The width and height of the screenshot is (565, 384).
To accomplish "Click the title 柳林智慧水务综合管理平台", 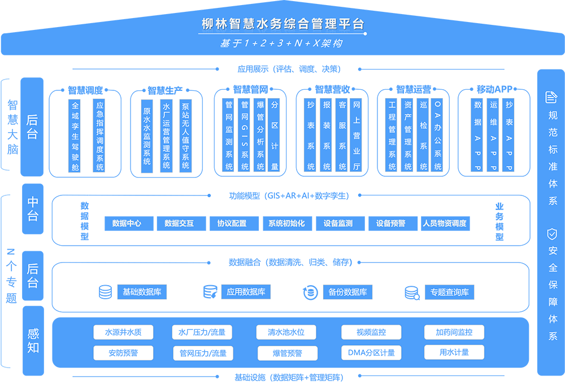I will tap(282, 24).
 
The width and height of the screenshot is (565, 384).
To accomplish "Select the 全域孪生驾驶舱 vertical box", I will tap(75, 136).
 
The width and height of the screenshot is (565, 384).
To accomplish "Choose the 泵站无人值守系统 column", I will tap(185, 135).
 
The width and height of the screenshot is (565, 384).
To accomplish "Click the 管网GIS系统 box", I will tap(245, 136).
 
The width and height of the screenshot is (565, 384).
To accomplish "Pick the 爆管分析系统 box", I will tap(260, 136).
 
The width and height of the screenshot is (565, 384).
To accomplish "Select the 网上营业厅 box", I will tap(357, 136).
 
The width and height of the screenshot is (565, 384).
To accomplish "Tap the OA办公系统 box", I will tap(437, 136).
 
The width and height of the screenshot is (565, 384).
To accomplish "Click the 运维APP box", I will tap(493, 136).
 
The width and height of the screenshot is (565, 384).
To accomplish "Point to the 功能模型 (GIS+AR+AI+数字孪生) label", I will tap(289, 196).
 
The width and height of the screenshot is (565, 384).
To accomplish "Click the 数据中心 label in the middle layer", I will tap(127, 223).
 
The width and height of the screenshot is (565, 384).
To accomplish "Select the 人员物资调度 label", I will tap(445, 223).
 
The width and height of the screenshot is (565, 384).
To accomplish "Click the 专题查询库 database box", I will tap(450, 292).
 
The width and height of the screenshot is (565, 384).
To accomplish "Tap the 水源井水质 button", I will tap(123, 332).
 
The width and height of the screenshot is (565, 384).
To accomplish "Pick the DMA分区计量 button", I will tap(371, 353).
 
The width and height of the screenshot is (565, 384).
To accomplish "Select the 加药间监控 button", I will tap(454, 332).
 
